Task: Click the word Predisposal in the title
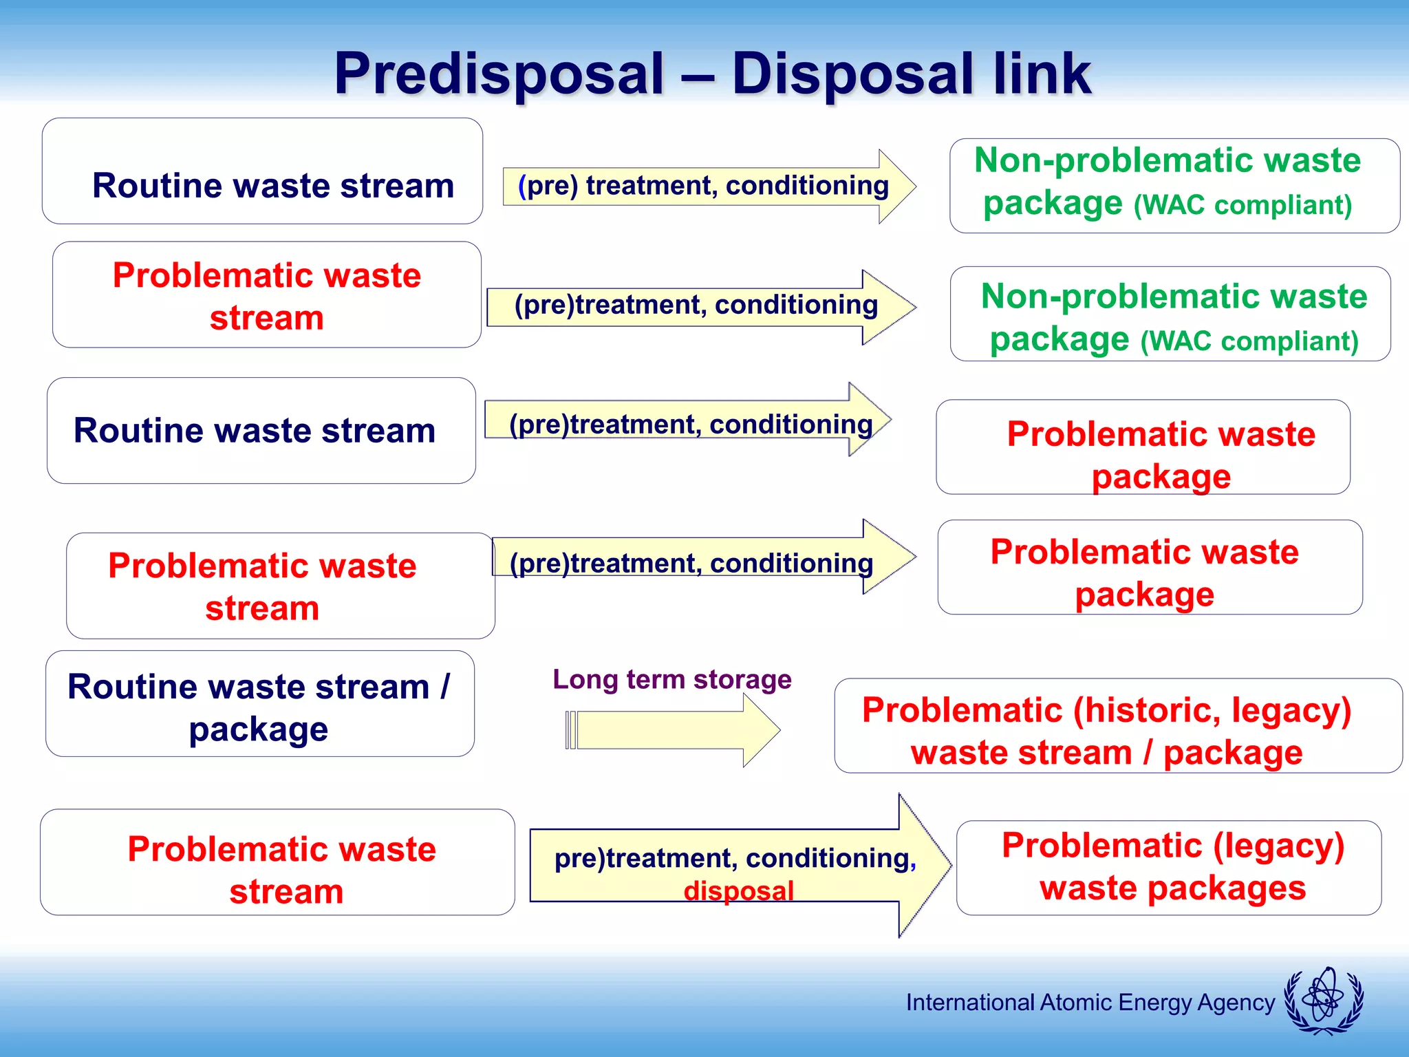pyautogui.click(x=499, y=74)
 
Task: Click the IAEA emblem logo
pyautogui.click(x=1324, y=1001)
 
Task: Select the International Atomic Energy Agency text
pyautogui.click(x=1090, y=1003)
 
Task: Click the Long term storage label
pyautogui.click(x=671, y=679)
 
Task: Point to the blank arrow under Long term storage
pyautogui.click(x=671, y=729)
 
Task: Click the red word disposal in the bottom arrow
pyautogui.click(x=738, y=890)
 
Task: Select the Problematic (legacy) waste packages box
pyautogui.click(x=1168, y=867)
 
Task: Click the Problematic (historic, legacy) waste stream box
pyautogui.click(x=1117, y=726)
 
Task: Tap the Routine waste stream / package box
pyautogui.click(x=259, y=704)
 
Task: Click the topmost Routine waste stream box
pyautogui.click(x=262, y=171)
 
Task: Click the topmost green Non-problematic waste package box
pyautogui.click(x=1174, y=186)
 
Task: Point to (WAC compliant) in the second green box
pyautogui.click(x=1249, y=341)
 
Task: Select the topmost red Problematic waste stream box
pyautogui.click(x=266, y=295)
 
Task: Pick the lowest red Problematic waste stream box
pyautogui.click(x=277, y=862)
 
